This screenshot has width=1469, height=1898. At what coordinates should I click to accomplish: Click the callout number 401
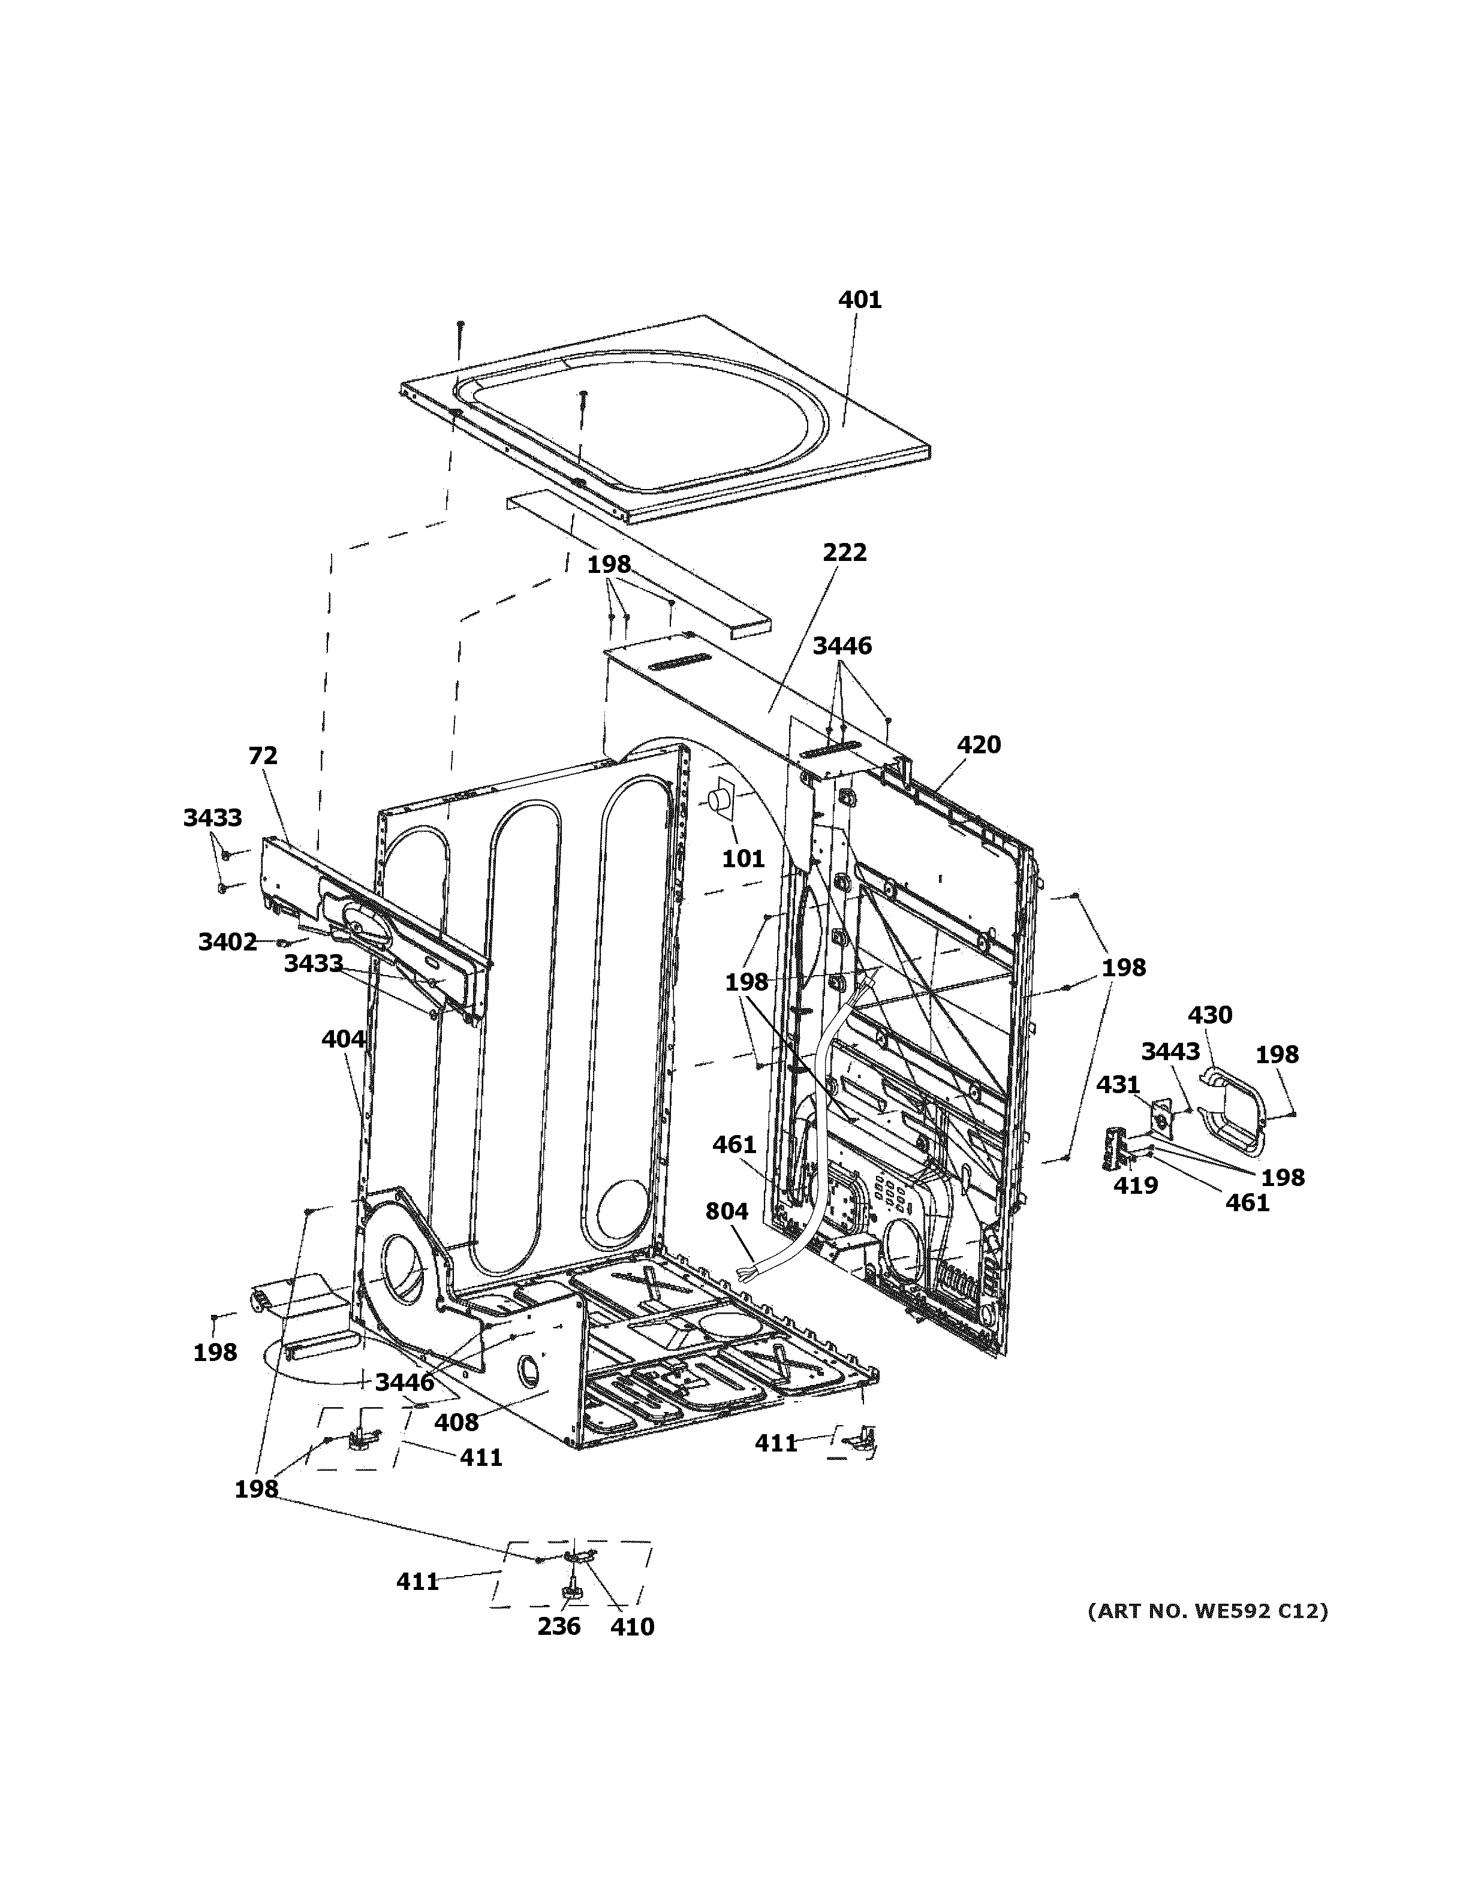point(859,300)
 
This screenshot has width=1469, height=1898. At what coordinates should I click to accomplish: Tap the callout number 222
point(844,553)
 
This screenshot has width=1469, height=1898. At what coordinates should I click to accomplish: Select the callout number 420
point(979,745)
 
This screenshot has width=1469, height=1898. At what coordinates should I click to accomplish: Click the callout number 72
point(263,756)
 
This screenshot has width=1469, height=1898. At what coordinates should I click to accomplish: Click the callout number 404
point(344,1039)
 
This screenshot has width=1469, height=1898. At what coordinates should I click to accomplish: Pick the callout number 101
point(743,859)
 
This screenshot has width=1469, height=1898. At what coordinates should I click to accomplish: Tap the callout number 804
point(727,1211)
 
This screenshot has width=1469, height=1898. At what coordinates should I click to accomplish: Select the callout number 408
point(456,1423)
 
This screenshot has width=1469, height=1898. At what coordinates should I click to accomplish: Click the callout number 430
point(1210,1015)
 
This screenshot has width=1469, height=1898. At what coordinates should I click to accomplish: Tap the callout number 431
point(1117,1085)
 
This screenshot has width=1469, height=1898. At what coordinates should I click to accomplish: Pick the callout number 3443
point(1170,1052)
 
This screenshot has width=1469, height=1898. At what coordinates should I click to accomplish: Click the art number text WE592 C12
point(1208,1612)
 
